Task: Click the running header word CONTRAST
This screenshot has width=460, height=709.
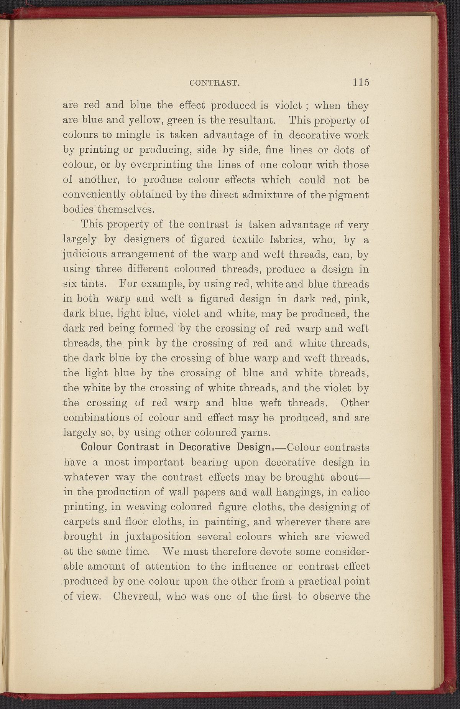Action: coord(215,82)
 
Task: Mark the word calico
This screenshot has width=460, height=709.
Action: coord(353,492)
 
